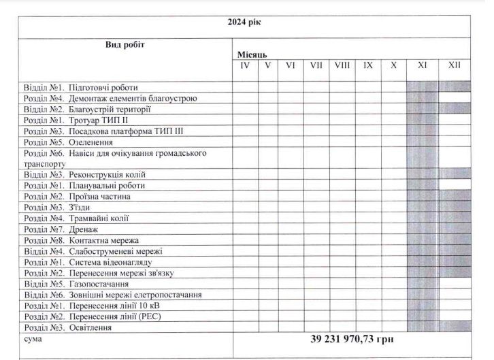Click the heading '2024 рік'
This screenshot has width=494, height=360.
[244, 21]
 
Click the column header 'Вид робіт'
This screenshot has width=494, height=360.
[125, 45]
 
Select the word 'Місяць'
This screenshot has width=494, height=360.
[252, 53]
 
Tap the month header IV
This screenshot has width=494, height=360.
[245, 66]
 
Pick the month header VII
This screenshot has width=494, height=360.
[316, 66]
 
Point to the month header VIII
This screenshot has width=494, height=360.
[342, 66]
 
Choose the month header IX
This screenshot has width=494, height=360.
[368, 66]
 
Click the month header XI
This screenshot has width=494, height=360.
[422, 66]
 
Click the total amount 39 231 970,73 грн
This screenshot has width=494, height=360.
[352, 339]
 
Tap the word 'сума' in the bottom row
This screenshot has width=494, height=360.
[33, 338]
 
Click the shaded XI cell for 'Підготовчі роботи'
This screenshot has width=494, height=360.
[422, 88]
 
